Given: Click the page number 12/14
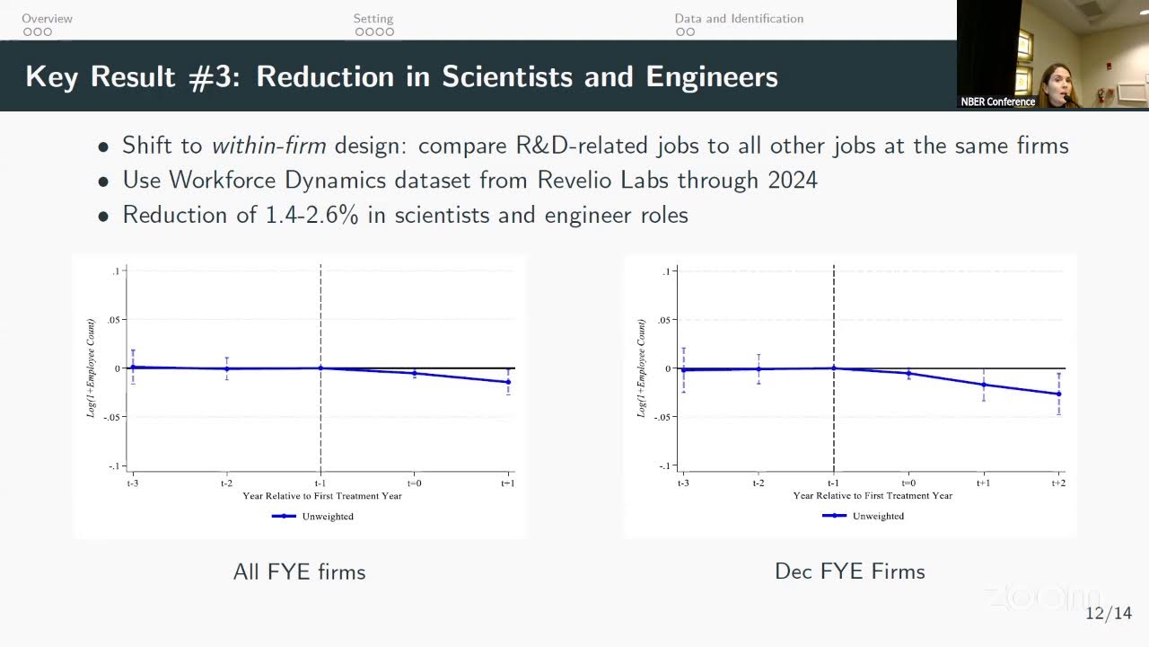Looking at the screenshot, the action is click(x=1109, y=613).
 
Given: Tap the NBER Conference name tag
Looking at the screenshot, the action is click(x=997, y=102).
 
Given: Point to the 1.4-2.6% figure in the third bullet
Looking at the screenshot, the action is click(x=311, y=214).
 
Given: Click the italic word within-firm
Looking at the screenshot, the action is click(x=268, y=146).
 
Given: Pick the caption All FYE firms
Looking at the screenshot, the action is click(x=300, y=572).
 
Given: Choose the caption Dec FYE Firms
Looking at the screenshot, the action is click(x=850, y=571).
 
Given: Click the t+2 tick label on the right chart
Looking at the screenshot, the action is click(x=1058, y=483).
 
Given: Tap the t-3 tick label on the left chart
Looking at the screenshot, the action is click(x=132, y=483).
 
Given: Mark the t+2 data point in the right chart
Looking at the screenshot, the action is click(x=1058, y=394).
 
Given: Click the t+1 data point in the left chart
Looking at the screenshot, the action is click(x=508, y=382).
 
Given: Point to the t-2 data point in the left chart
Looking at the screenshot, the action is click(x=227, y=368).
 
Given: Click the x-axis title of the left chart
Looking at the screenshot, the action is click(x=322, y=495).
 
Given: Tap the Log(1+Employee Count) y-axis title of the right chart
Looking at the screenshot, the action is click(x=641, y=368).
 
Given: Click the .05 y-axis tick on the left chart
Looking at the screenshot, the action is click(x=113, y=320).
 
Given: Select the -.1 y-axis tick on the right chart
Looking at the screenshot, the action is click(x=665, y=465).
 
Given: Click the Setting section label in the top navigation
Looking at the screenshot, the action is click(x=373, y=19).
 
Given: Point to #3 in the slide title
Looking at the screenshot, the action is click(x=214, y=77).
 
